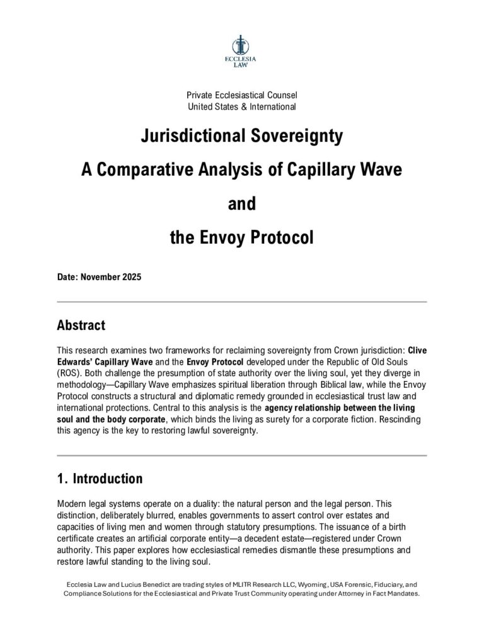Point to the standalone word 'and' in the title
241,204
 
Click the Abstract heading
81,326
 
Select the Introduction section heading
108,479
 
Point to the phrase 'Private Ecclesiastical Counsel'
241,95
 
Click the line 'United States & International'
241,106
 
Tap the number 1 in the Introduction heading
60,479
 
